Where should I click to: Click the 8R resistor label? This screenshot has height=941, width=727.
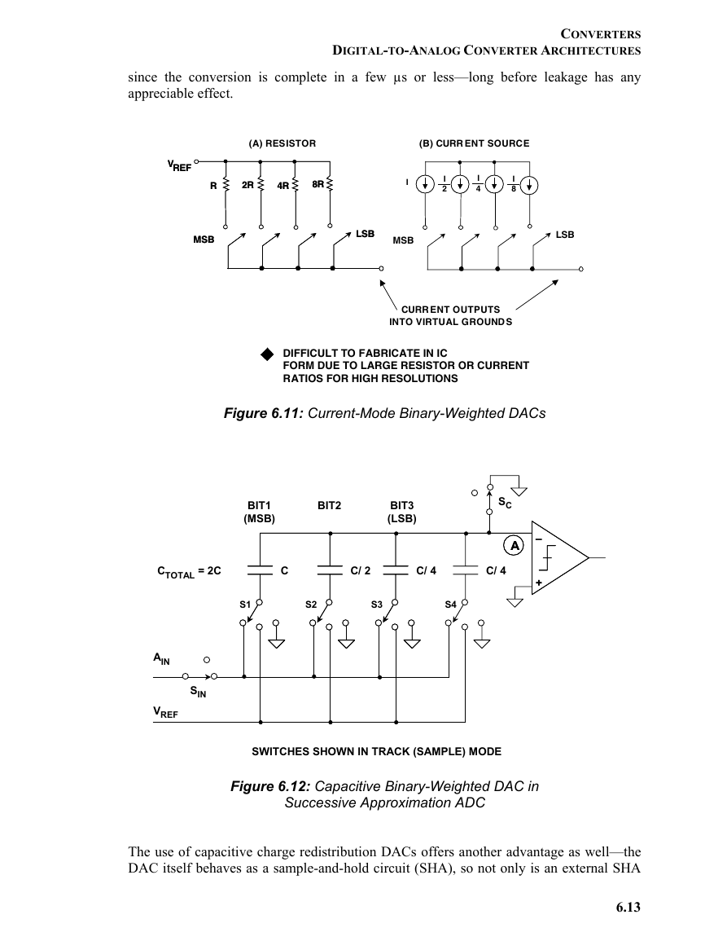tap(318, 183)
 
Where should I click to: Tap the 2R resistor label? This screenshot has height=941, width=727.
tap(247, 185)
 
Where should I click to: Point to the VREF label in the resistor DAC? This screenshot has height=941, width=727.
tap(179, 165)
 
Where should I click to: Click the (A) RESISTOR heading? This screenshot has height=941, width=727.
tap(282, 143)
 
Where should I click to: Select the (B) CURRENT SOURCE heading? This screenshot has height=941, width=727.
tap(474, 143)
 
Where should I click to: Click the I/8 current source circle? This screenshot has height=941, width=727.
tap(529, 185)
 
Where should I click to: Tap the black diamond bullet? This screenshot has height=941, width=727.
tap(267, 354)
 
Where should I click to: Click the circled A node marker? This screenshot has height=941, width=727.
tap(514, 546)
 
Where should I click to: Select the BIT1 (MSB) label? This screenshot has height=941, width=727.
tap(259, 512)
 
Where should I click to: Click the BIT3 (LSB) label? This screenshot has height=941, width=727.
tap(402, 512)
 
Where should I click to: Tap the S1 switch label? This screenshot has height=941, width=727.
tap(245, 605)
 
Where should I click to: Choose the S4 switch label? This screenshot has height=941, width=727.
tap(450, 605)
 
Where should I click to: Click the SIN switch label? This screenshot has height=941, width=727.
tap(198, 692)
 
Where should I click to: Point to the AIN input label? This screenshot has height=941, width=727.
tap(162, 659)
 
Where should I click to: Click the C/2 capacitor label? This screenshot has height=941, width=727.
tap(361, 571)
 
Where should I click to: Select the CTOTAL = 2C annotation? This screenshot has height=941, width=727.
tap(189, 572)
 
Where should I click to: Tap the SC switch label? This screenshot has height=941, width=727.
tap(505, 503)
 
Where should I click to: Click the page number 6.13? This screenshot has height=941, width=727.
tap(628, 907)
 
